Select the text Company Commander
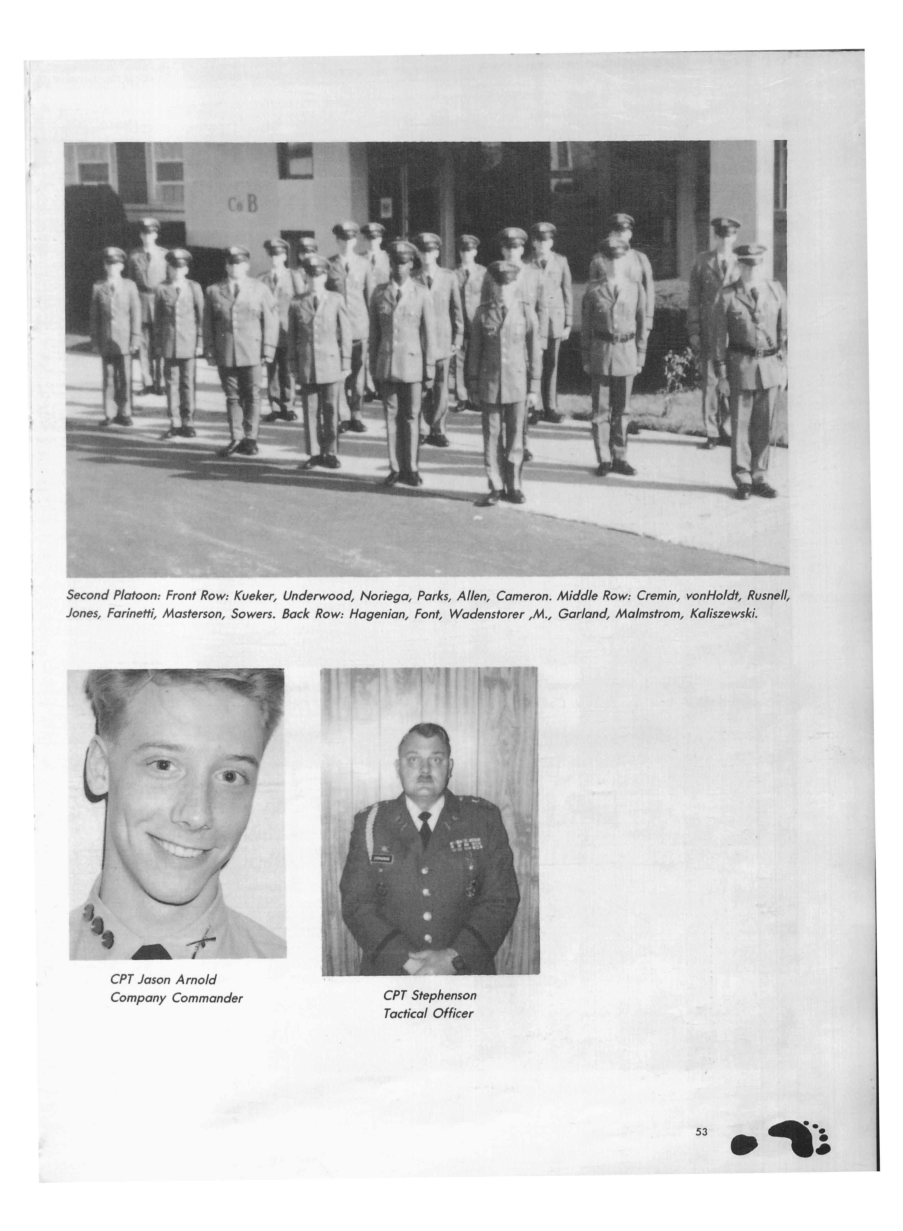[176, 998]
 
